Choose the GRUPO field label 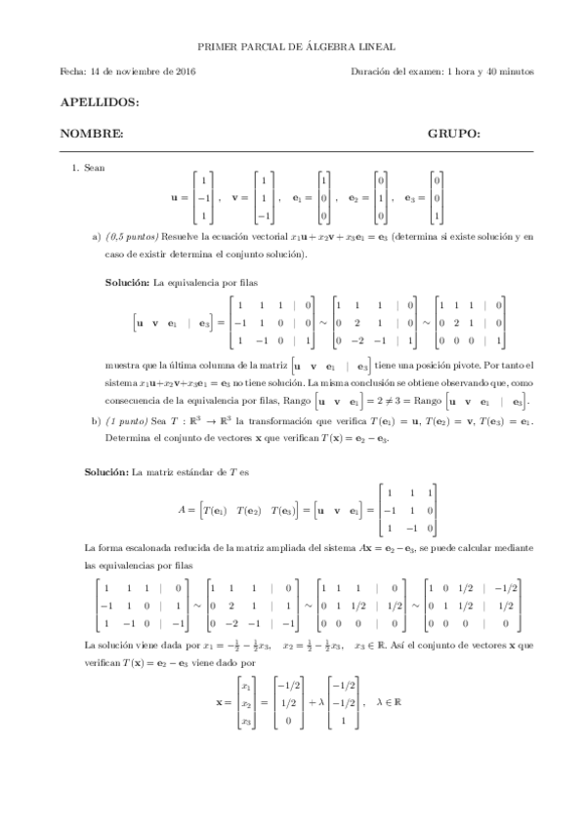click(453, 133)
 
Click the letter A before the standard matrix click(183, 509)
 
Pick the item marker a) click(97, 237)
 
